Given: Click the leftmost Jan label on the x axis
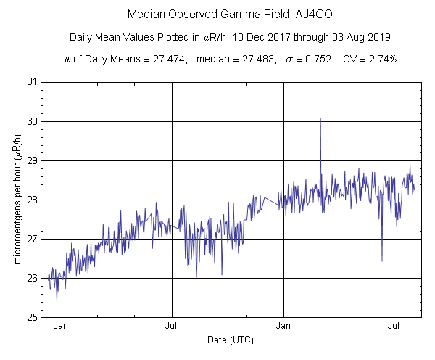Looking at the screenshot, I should point(62,327).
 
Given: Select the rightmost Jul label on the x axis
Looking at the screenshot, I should point(394,327).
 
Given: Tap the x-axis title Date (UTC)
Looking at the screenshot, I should point(231,340).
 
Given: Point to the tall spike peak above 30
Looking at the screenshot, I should point(320,119).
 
